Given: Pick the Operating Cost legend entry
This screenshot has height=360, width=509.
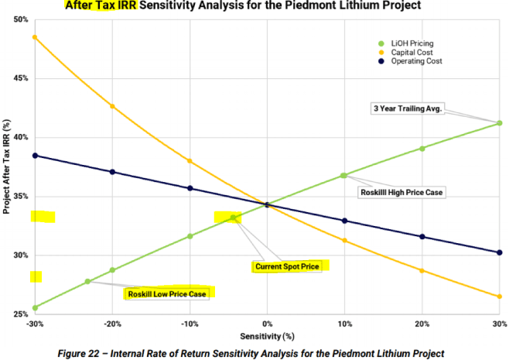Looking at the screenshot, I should tap(415, 60).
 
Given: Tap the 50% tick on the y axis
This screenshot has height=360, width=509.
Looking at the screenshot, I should tap(21, 19).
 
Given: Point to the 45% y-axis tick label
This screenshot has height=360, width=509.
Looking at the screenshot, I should tap(21, 78).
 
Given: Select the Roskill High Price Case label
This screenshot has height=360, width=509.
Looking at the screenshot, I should tap(402, 191).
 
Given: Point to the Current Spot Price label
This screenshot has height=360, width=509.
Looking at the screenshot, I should tap(286, 266).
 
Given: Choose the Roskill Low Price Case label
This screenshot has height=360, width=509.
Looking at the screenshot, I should tap(166, 293).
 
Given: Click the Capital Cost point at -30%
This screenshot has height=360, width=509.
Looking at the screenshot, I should tap(35, 37).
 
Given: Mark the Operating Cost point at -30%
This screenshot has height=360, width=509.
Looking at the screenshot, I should tap(35, 156).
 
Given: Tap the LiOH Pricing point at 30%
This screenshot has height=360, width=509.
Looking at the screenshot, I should tap(500, 123).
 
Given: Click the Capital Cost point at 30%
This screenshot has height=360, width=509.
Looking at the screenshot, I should tap(500, 297).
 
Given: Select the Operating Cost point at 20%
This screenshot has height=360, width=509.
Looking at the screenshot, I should tap(422, 236).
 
